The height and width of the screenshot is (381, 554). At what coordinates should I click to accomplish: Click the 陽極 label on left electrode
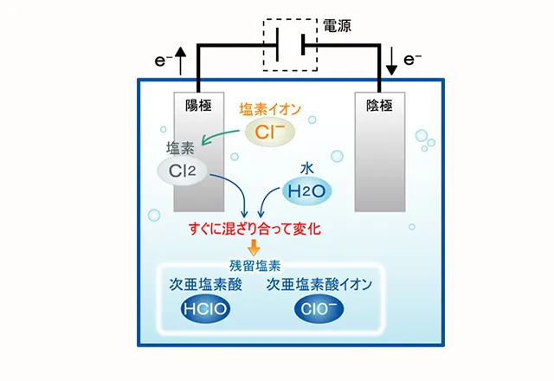(x=198, y=106)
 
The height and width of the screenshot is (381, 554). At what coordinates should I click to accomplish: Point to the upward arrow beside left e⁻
(x=180, y=61)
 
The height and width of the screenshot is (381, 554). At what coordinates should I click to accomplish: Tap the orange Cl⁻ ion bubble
(x=270, y=132)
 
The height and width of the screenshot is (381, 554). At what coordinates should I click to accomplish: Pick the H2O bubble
(x=307, y=190)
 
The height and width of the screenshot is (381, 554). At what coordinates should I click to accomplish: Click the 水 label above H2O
(x=306, y=168)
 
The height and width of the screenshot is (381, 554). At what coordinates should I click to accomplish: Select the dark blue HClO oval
(x=205, y=309)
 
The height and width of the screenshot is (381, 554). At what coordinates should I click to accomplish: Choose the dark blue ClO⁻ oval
(x=318, y=309)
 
